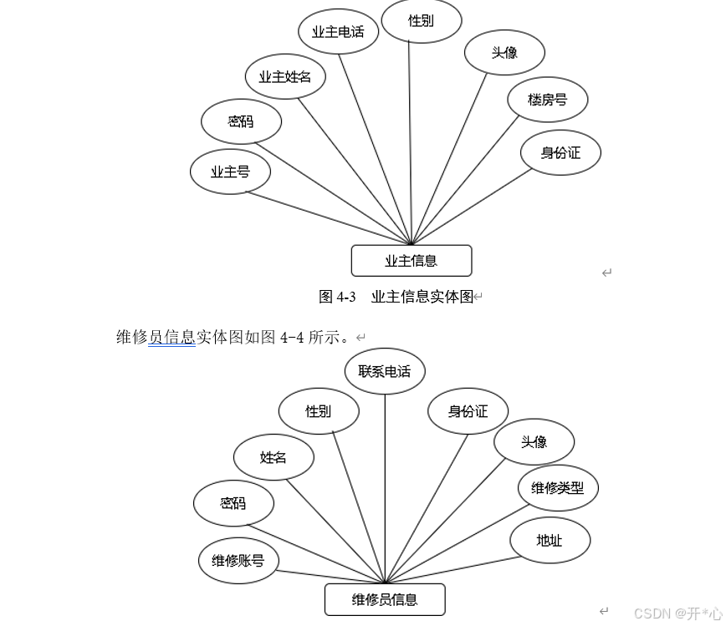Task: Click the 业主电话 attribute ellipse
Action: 338,32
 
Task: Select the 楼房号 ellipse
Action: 547,99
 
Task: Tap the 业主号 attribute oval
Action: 230,172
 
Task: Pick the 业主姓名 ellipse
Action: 284,77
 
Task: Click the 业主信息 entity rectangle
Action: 411,261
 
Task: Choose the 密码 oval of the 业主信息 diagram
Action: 241,122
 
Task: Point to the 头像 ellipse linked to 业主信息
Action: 504,52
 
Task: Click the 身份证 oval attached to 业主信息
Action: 560,152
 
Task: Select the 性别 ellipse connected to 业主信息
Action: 421,21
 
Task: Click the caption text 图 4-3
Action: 337,297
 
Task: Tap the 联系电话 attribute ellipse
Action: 384,371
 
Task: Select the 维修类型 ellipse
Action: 557,488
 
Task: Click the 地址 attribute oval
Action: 550,540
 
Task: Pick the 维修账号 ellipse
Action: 238,560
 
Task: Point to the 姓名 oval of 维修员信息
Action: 274,457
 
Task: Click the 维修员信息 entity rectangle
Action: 385,599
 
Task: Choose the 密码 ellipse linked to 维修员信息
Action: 233,503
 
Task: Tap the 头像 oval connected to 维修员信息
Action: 534,442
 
